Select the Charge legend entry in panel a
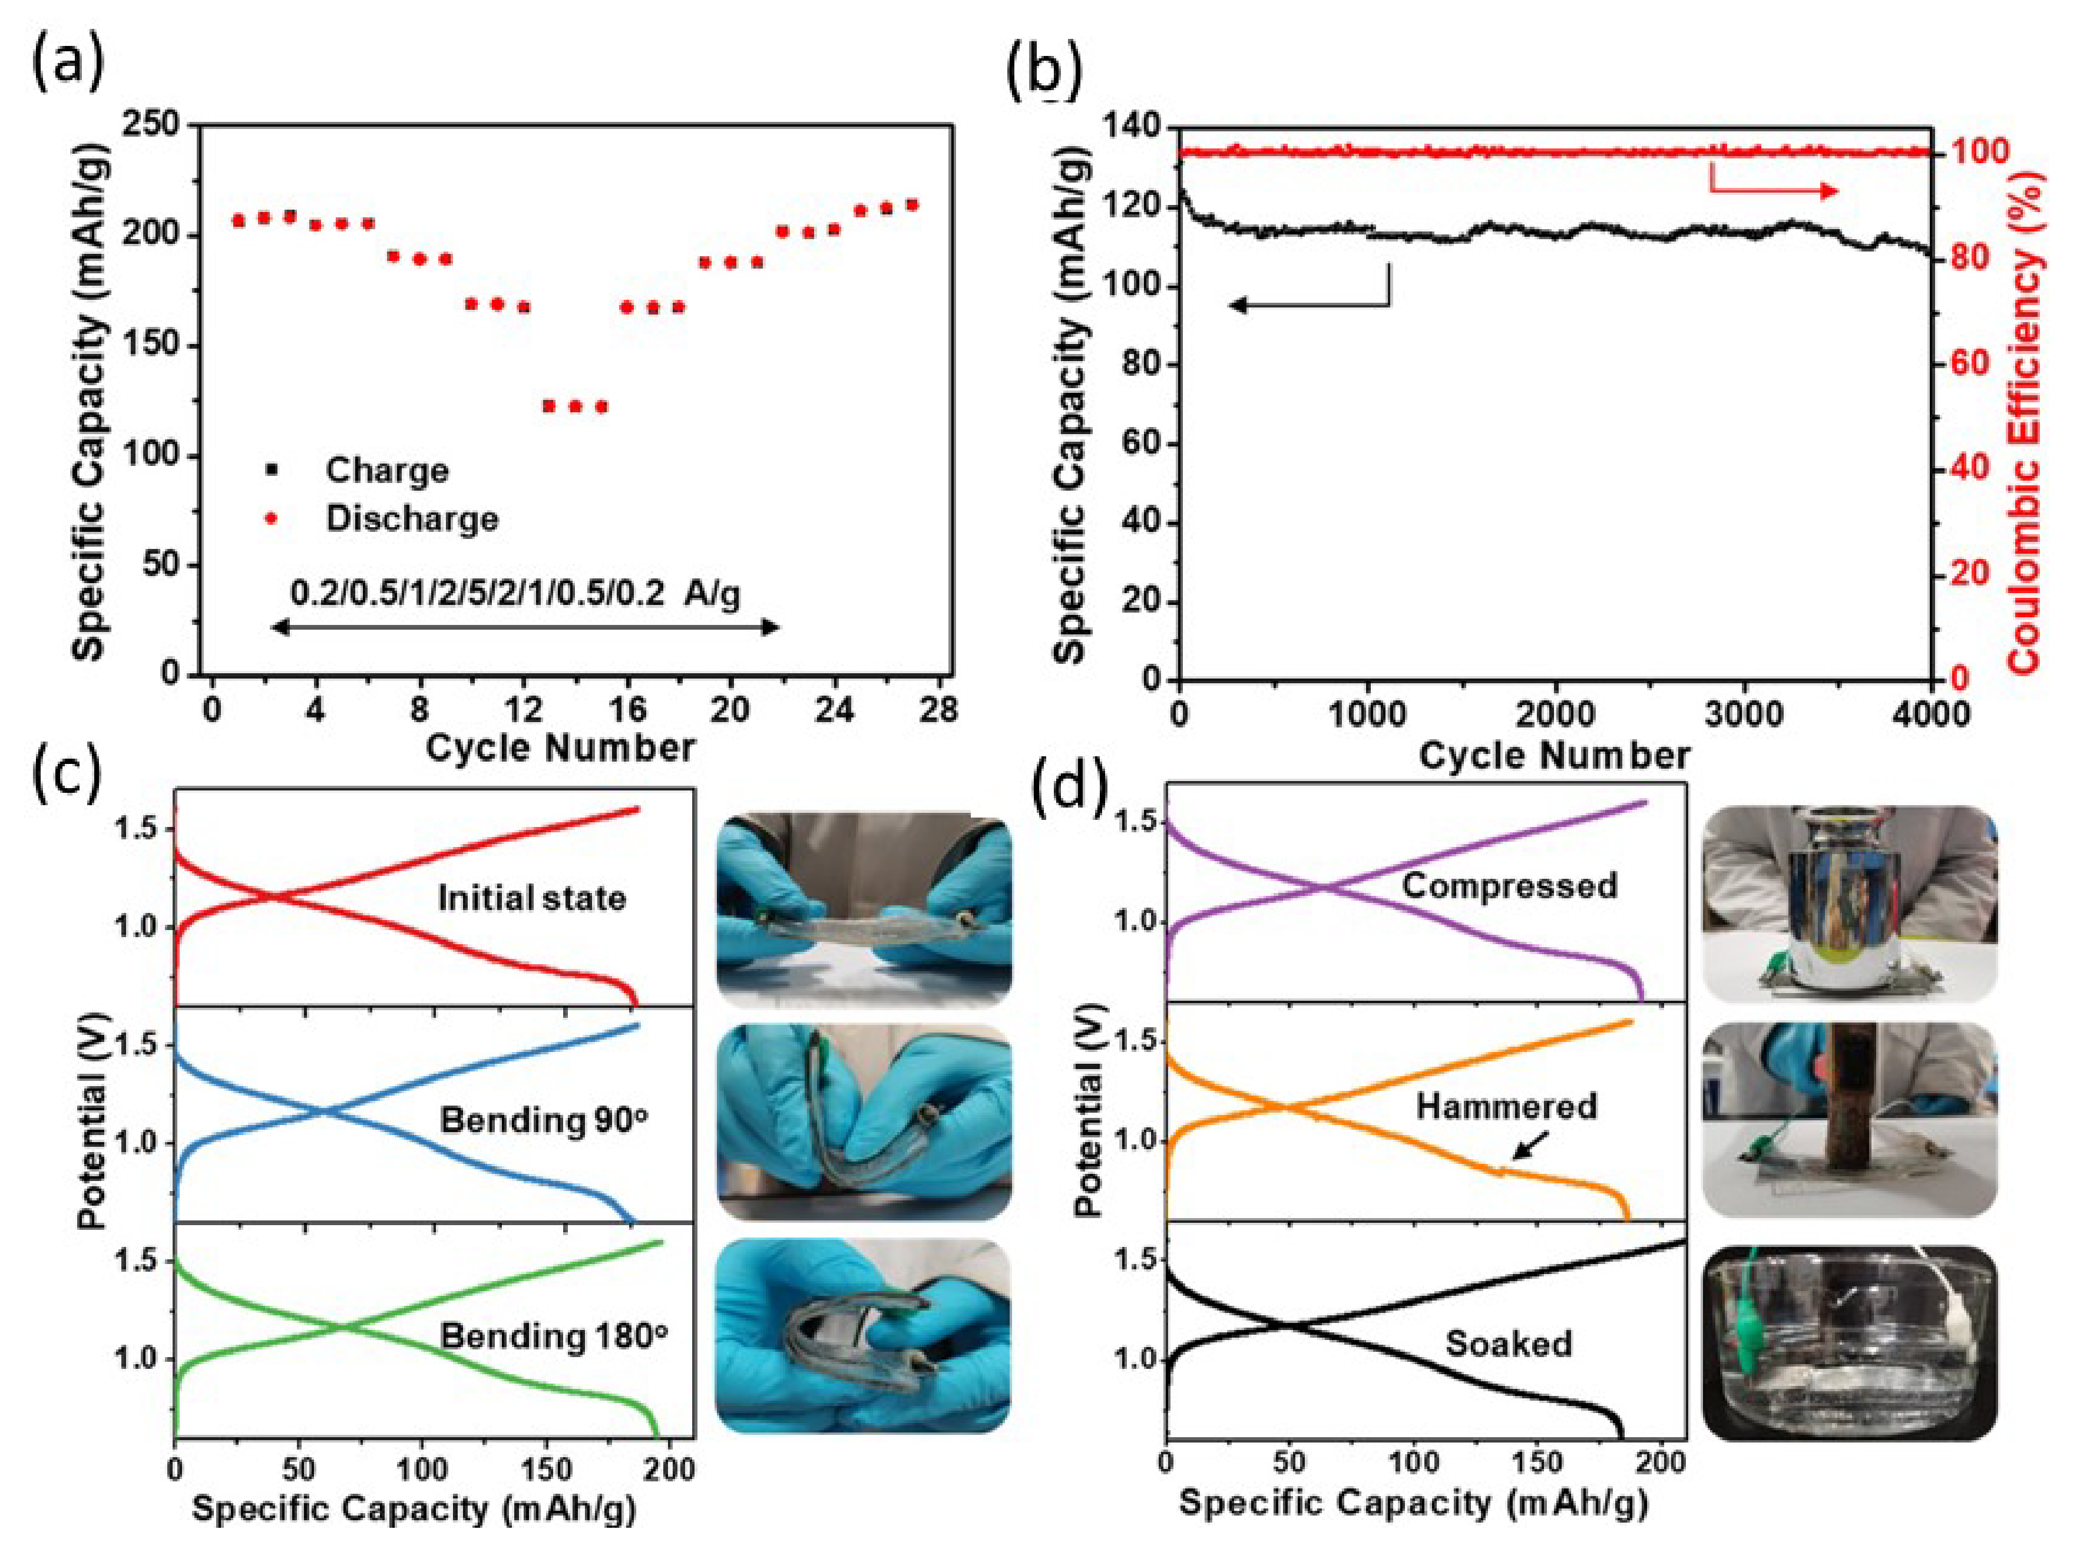click(385, 470)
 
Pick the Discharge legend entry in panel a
click(411, 519)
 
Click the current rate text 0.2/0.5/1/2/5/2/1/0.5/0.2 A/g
click(514, 593)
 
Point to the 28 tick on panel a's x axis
click(938, 710)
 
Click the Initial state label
click(531, 898)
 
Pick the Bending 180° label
click(553, 1336)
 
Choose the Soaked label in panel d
click(1508, 1342)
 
